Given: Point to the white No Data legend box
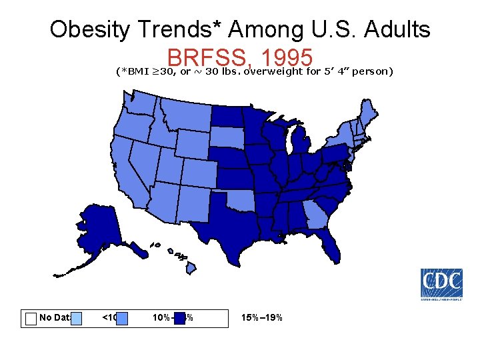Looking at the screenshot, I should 30,318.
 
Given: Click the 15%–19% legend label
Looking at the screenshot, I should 264,317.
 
